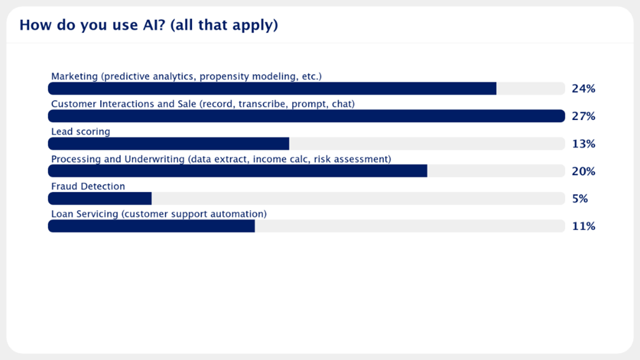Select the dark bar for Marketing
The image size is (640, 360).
[272, 89]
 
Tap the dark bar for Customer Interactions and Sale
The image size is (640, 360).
[306, 116]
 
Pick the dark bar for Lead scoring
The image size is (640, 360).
[169, 144]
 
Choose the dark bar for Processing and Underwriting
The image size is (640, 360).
[238, 171]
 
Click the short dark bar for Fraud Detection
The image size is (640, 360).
[100, 198]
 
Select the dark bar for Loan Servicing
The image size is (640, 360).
[151, 226]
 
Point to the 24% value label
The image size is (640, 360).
[583, 89]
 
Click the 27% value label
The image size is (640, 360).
[583, 116]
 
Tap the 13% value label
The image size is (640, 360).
[583, 144]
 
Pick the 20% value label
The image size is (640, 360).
[583, 172]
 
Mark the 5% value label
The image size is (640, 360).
[580, 199]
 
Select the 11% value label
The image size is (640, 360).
[583, 226]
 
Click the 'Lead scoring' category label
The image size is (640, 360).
[80, 132]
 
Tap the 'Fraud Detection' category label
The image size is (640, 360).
[88, 187]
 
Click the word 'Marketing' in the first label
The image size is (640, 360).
[74, 76]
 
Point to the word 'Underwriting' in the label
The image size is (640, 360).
[155, 159]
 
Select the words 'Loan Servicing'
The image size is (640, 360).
[85, 214]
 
